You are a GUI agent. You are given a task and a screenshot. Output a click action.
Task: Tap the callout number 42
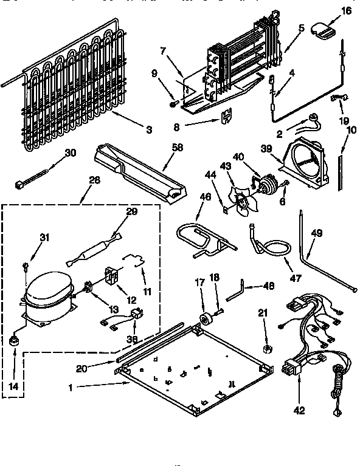[298, 411]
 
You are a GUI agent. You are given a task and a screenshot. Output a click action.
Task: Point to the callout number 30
[70, 152]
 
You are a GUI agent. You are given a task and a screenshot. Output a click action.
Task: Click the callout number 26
[94, 180]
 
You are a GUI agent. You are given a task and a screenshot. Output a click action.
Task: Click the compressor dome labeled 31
[46, 289]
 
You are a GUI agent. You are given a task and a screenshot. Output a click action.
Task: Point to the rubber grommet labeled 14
[13, 343]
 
